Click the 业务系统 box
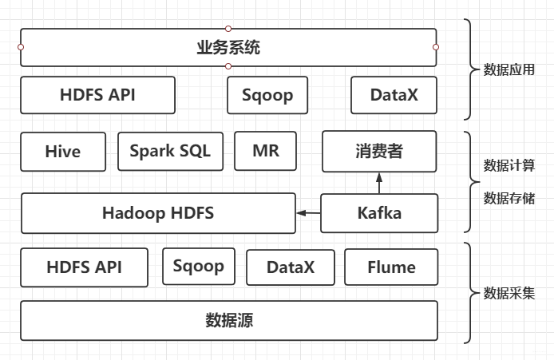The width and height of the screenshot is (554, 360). pyautogui.click(x=228, y=48)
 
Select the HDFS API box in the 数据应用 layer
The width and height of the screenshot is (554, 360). pyautogui.click(x=97, y=95)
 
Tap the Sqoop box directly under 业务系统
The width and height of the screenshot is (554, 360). pyautogui.click(x=267, y=95)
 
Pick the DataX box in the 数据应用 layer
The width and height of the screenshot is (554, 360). pyautogui.click(x=394, y=95)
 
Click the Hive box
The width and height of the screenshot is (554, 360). pyautogui.click(x=62, y=152)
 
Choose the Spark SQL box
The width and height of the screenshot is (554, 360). pyautogui.click(x=170, y=151)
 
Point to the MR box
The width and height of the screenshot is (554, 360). pyautogui.click(x=265, y=151)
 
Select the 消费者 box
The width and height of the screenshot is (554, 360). pyautogui.click(x=379, y=152)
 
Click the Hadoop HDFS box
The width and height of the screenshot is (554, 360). pyautogui.click(x=158, y=213)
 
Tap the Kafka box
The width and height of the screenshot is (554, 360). pyautogui.click(x=379, y=213)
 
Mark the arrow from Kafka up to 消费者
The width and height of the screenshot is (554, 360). pyautogui.click(x=379, y=183)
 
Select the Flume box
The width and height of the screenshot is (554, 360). pyautogui.click(x=391, y=267)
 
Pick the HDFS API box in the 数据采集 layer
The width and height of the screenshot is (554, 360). pyautogui.click(x=85, y=267)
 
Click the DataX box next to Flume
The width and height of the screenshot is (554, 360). pyautogui.click(x=290, y=267)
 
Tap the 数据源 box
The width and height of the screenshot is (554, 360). pyautogui.click(x=229, y=321)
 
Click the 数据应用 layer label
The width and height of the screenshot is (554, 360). pyautogui.click(x=508, y=70)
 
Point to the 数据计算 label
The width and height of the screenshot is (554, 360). pyautogui.click(x=508, y=166)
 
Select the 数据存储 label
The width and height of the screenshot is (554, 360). pyautogui.click(x=508, y=198)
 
